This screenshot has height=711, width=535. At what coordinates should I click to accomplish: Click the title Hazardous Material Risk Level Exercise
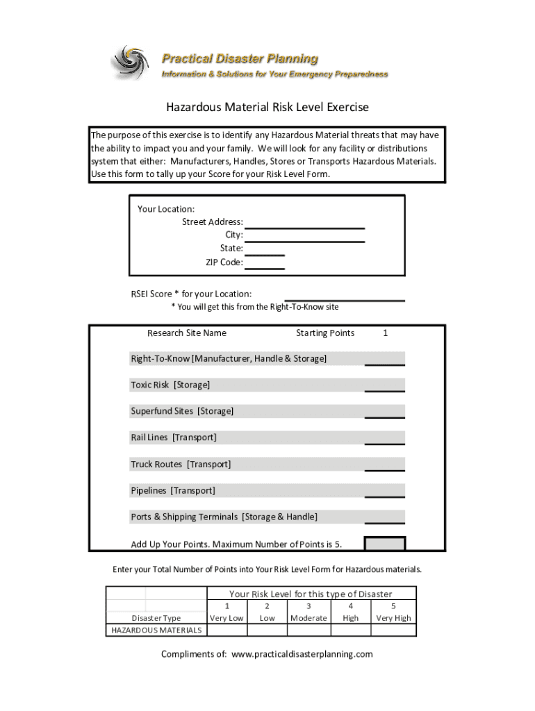click(267, 108)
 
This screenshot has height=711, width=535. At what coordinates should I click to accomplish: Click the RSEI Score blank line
click(345, 295)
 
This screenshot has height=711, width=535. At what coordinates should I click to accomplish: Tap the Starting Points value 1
click(385, 333)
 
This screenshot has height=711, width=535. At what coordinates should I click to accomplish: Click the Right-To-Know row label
click(229, 359)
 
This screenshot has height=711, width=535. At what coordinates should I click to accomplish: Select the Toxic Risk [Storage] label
click(170, 385)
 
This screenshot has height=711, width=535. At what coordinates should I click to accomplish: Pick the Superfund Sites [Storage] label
click(182, 412)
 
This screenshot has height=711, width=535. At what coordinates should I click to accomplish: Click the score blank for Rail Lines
click(385, 438)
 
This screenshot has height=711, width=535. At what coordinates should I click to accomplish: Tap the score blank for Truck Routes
click(385, 465)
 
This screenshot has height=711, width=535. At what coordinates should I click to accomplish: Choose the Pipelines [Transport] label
click(173, 491)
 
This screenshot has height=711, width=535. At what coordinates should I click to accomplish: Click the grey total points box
click(385, 544)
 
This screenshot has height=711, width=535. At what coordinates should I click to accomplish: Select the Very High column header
click(393, 618)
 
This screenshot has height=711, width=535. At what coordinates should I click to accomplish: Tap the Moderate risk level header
click(308, 618)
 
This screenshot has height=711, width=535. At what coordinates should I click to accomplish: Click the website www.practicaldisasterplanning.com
click(302, 655)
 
